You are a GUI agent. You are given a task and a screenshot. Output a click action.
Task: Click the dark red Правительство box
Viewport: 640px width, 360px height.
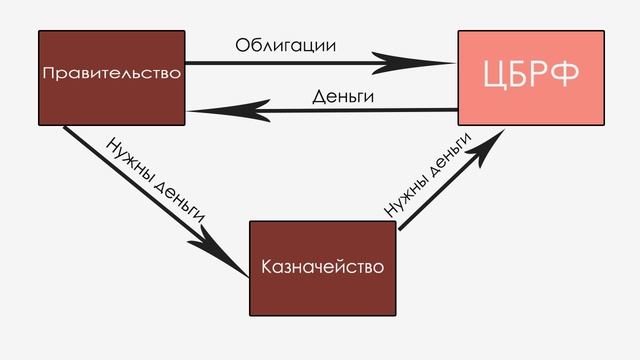pos(111,77)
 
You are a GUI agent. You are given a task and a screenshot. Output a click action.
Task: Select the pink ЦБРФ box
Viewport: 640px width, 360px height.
pos(531,77)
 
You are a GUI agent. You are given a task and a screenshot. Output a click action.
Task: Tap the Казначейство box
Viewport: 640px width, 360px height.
pos(322,268)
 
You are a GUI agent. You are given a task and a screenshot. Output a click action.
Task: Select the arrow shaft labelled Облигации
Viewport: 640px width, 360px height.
pos(300,64)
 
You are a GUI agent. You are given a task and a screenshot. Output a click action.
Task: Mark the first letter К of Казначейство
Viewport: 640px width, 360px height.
pos(265,268)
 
